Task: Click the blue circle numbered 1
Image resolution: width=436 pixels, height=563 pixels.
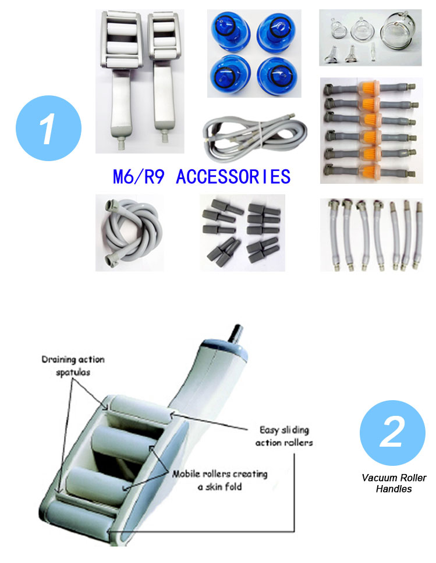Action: click(48, 128)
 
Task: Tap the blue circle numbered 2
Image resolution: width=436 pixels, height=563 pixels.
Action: click(392, 433)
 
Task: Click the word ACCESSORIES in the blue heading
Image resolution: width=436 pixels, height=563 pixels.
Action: click(233, 177)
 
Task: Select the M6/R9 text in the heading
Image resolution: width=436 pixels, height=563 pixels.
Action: click(139, 177)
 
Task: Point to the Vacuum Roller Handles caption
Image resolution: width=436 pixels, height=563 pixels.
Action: click(394, 483)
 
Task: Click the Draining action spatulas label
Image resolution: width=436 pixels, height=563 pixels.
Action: click(73, 365)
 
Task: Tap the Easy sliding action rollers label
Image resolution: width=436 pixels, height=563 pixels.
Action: click(284, 436)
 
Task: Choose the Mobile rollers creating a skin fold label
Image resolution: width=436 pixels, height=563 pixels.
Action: click(219, 480)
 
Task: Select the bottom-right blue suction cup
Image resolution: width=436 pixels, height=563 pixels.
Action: click(278, 74)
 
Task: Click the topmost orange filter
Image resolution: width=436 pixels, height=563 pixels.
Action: click(369, 88)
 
